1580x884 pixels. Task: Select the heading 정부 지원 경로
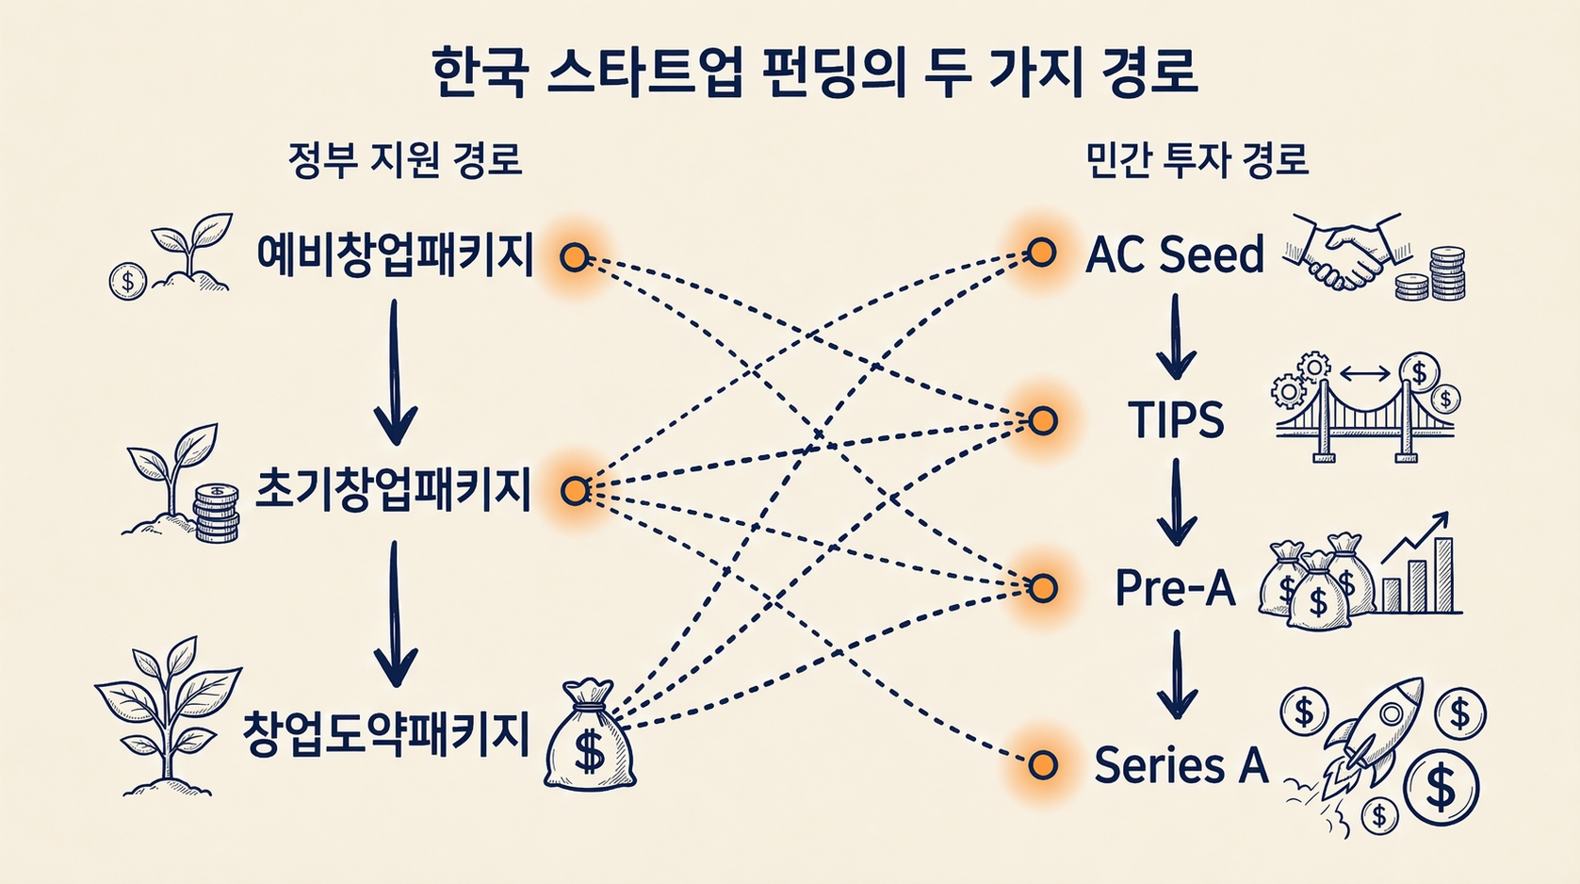click(x=405, y=159)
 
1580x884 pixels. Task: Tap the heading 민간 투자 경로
click(x=1197, y=159)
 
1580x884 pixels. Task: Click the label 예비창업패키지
click(x=395, y=255)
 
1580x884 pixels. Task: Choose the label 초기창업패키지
click(x=395, y=490)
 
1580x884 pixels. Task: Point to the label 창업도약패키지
click(x=386, y=734)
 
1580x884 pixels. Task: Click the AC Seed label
click(x=1174, y=254)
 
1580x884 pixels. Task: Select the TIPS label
click(x=1176, y=420)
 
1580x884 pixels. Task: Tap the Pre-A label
click(x=1174, y=588)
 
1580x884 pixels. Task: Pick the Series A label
click(x=1181, y=764)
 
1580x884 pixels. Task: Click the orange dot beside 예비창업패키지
click(x=574, y=256)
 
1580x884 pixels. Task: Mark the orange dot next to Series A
click(x=1042, y=765)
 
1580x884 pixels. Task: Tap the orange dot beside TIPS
click(x=1042, y=420)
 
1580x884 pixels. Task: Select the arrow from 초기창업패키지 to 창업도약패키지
click(x=395, y=613)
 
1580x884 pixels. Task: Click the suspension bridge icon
click(x=1363, y=415)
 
